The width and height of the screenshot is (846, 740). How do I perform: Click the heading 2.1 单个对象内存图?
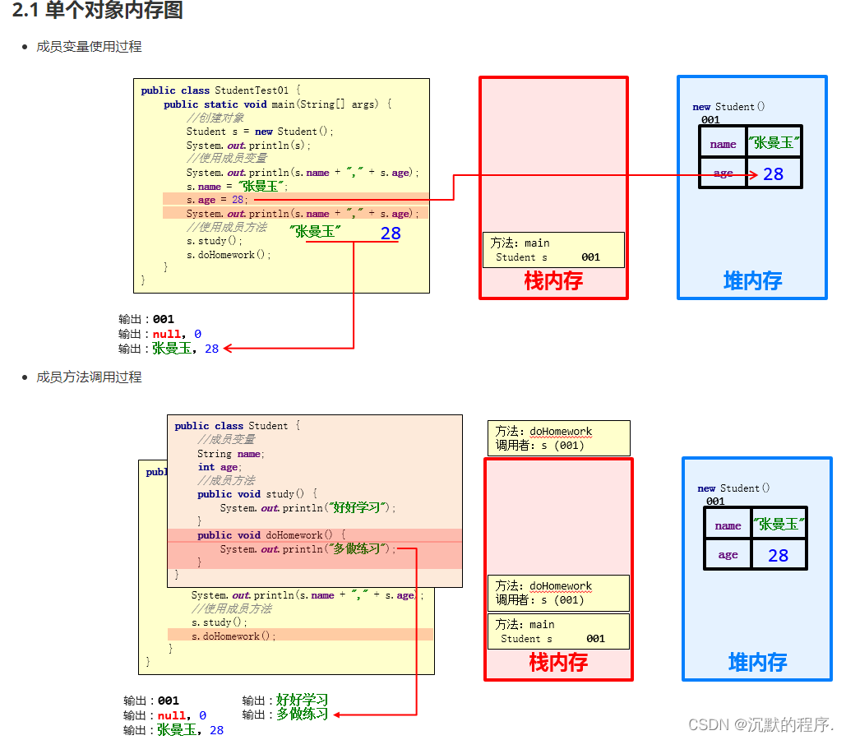pyautogui.click(x=98, y=11)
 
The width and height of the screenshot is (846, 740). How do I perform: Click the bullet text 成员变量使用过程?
pyautogui.click(x=89, y=47)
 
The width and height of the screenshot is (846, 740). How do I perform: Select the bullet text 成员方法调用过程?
pyautogui.click(x=89, y=377)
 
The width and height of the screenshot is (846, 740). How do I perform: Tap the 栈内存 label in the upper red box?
pyautogui.click(x=553, y=281)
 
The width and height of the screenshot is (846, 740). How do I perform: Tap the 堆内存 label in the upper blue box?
pyautogui.click(x=752, y=281)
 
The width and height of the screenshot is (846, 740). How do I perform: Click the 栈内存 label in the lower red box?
pyautogui.click(x=558, y=662)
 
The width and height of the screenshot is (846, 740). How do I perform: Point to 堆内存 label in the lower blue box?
pyautogui.click(x=757, y=662)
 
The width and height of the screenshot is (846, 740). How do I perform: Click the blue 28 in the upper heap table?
pyautogui.click(x=773, y=173)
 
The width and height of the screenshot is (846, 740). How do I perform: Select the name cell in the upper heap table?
pyautogui.click(x=723, y=144)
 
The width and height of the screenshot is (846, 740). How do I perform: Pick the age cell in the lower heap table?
pyautogui.click(x=728, y=555)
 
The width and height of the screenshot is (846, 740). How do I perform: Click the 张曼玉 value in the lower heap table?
pyautogui.click(x=779, y=524)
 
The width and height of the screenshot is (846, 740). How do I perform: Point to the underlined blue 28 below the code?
pyautogui.click(x=391, y=234)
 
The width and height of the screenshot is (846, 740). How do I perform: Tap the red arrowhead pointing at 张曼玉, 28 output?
pyautogui.click(x=228, y=349)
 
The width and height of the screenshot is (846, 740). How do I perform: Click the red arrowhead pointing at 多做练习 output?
pyautogui.click(x=337, y=715)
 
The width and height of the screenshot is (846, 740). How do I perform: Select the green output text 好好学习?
pyautogui.click(x=303, y=701)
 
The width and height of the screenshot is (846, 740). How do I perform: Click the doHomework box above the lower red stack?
pyautogui.click(x=559, y=438)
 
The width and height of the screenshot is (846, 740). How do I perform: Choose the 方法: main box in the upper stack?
pyautogui.click(x=553, y=250)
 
